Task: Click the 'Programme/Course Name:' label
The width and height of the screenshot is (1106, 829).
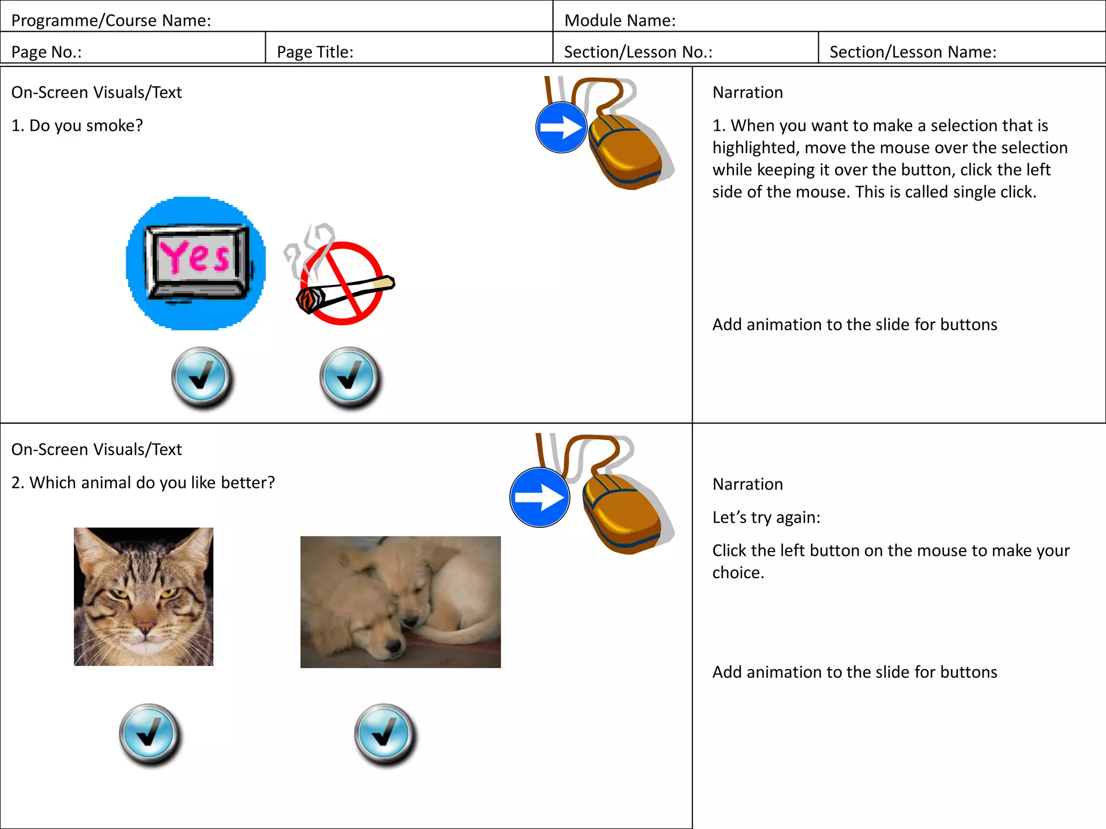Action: [x=111, y=21]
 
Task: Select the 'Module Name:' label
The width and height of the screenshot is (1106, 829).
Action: [x=619, y=21]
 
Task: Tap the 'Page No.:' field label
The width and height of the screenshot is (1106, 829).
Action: [x=46, y=52]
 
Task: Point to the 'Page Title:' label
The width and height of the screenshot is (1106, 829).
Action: [x=315, y=52]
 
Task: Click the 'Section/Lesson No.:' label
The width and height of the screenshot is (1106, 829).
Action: [x=638, y=52]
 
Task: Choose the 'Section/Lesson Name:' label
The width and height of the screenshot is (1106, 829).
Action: [x=913, y=52]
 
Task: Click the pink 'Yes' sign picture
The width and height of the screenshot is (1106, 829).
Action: [x=196, y=263]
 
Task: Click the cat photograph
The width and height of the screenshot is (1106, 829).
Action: [x=144, y=596]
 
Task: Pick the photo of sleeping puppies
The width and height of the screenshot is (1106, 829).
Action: [x=400, y=602]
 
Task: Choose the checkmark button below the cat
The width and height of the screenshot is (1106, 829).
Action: [x=150, y=733]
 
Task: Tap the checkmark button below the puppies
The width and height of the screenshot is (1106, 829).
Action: [x=385, y=733]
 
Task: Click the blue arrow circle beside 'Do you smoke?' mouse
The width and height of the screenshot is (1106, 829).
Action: [x=561, y=127]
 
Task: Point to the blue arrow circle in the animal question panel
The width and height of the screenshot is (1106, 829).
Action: [x=539, y=497]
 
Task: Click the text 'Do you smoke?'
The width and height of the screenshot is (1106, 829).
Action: [x=86, y=126]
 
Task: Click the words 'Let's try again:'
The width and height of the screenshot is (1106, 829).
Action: [x=766, y=518]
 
